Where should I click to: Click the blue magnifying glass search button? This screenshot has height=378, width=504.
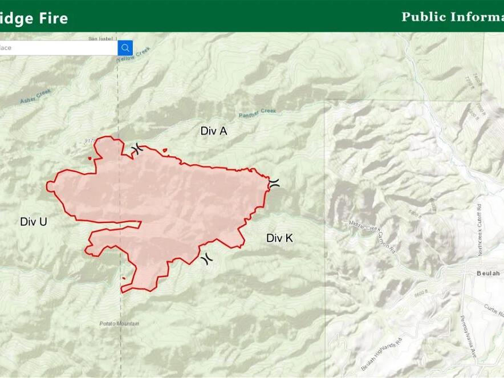pos(125,48)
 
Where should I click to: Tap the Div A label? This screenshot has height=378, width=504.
pos(214,131)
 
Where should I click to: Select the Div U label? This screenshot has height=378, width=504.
pos(34,222)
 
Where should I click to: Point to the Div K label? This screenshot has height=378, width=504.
pos(279,238)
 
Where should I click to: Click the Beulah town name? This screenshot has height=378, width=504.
pos(488,274)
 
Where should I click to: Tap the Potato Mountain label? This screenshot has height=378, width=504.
pos(120,324)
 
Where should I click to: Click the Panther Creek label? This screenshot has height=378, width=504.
pos(257,113)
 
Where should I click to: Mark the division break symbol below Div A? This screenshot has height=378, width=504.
pos(137,150)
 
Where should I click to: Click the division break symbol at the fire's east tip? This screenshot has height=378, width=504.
pos(274,182)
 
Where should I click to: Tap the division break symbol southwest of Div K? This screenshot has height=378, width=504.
pos(206,258)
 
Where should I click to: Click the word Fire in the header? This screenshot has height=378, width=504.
pos(54,18)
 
